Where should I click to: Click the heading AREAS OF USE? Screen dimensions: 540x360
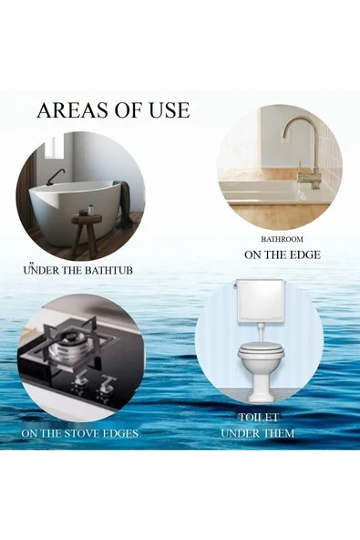113,110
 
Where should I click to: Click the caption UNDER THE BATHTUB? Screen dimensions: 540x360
80,271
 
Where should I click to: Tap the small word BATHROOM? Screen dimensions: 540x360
282,239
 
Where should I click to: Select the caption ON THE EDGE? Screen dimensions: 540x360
282,254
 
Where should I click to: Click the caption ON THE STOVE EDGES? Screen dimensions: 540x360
80,432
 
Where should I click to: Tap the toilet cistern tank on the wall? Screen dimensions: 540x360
260,298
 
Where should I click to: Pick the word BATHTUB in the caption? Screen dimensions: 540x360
109,271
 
